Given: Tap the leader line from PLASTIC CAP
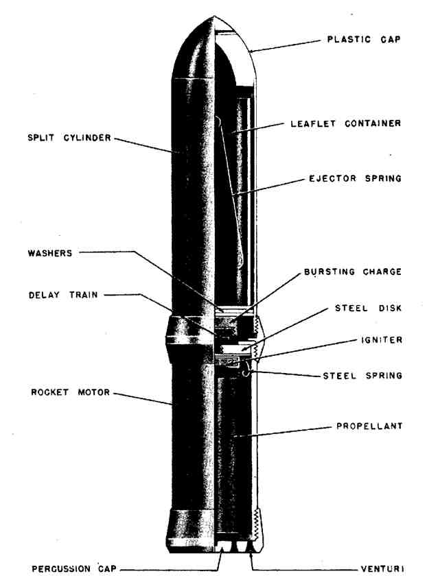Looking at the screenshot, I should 288,45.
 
